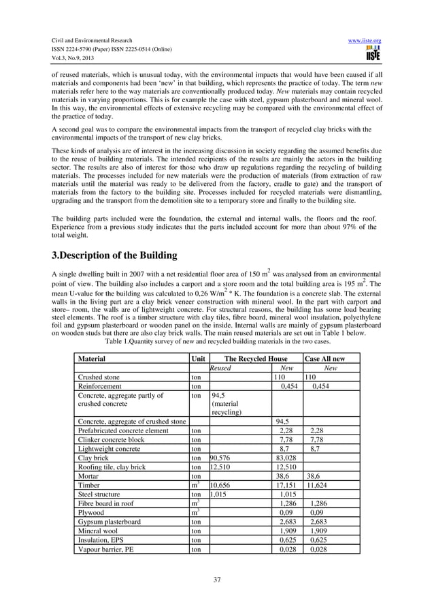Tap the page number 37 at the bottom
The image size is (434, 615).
tap(217, 580)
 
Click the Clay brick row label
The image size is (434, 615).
tap(93, 458)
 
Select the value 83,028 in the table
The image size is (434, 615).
tap(286, 458)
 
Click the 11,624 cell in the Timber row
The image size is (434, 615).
tap(319, 486)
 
